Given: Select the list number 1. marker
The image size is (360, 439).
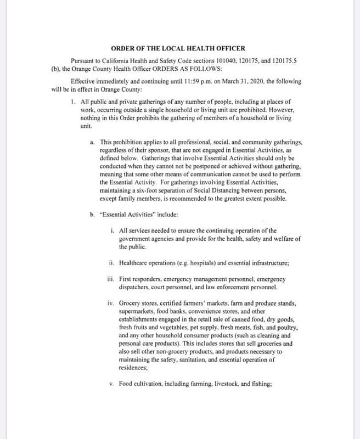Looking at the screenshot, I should click(x=74, y=102).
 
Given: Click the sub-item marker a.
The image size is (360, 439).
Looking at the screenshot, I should click(x=92, y=142).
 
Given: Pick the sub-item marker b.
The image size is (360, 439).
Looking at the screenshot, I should click(x=92, y=214).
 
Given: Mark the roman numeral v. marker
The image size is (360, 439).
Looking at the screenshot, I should click(x=111, y=384).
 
